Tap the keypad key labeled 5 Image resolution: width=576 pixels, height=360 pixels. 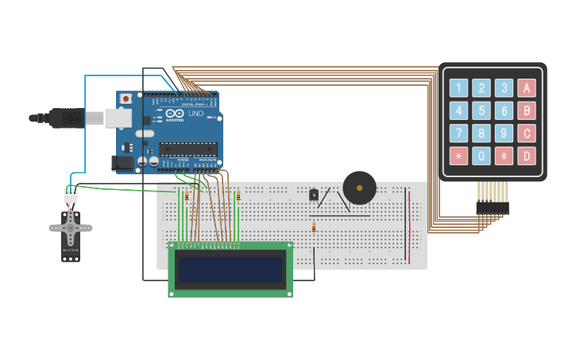(x=481, y=110)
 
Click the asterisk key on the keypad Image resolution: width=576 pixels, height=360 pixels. (x=458, y=156)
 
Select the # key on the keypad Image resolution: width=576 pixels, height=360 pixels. (x=504, y=156)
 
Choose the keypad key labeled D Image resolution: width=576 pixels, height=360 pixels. (x=526, y=156)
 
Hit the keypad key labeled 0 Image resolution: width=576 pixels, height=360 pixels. (x=481, y=156)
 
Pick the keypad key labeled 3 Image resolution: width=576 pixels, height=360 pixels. (x=504, y=88)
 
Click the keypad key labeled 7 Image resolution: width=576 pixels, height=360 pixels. (x=458, y=133)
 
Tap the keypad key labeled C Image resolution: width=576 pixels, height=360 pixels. (x=526, y=133)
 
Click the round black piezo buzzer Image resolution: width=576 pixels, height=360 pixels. (x=359, y=188)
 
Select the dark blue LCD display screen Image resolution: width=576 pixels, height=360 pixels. (x=230, y=270)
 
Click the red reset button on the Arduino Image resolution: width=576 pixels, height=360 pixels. (x=126, y=99)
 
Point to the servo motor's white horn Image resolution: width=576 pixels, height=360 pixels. (x=71, y=227)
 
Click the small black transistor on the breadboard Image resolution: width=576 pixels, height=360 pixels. (x=314, y=195)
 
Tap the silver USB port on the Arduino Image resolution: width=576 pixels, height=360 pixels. (x=118, y=118)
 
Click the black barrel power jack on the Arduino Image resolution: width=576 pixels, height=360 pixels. (x=123, y=163)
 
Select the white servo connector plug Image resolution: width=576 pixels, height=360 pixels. (x=71, y=195)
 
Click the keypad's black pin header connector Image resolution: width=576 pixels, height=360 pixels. (x=492, y=207)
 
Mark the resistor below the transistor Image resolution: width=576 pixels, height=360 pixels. (x=314, y=227)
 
